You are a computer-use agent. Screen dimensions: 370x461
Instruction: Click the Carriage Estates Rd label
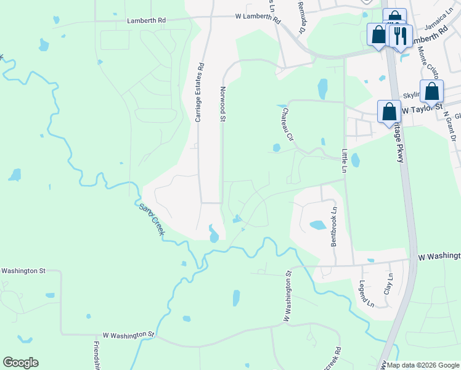pos(199,94)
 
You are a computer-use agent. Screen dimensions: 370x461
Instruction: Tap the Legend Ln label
pos(366,294)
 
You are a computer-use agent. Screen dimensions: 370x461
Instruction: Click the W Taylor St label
pos(422,109)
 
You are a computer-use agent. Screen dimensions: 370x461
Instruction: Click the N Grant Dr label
pos(451,130)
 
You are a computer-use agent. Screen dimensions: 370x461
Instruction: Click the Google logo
pos(20,362)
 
